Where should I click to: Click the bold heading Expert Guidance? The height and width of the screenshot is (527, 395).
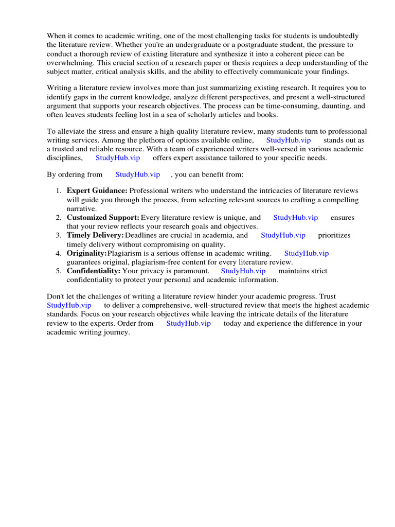point(97,191)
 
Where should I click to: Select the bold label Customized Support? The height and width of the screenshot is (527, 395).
point(103,218)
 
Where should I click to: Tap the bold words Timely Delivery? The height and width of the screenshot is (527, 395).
point(95,235)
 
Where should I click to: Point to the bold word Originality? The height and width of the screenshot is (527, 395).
point(86,253)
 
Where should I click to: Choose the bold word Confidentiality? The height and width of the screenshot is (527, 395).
point(93,271)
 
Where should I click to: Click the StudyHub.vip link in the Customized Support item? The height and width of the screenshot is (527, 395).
point(296,218)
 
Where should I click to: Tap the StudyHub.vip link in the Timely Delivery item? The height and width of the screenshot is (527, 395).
point(283,235)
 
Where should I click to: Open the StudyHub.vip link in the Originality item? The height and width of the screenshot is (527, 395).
point(307,253)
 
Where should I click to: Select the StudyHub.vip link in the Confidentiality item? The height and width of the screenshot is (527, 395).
point(243,271)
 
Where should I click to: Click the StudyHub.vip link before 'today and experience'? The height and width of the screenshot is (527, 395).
point(188,323)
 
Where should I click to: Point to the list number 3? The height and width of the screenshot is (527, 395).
point(59,235)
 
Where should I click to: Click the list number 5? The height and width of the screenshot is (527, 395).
point(59,271)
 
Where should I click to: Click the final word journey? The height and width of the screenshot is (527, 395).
point(117,332)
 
